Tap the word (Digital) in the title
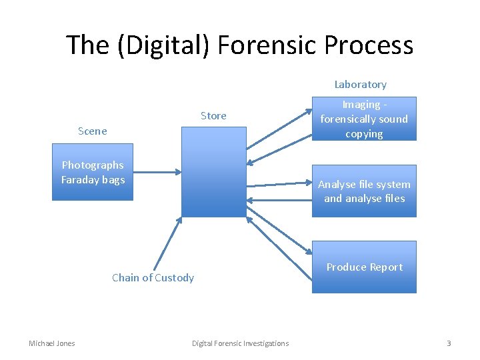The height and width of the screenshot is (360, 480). [159, 45]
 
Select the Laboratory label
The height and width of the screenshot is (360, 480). [360, 85]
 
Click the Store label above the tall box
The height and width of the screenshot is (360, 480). [213, 116]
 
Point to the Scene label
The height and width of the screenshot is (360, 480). [92, 131]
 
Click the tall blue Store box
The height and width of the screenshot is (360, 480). [213, 172]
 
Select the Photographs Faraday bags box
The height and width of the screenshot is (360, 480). [93, 172]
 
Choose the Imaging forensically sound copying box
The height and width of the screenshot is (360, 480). [364, 119]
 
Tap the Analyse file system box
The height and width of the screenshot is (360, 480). [364, 191]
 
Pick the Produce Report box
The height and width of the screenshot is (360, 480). [364, 267]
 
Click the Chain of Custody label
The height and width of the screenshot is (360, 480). [153, 278]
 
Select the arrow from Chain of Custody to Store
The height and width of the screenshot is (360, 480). [168, 243]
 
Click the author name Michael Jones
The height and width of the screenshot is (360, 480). [52, 343]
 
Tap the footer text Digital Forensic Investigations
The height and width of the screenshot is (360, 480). [240, 343]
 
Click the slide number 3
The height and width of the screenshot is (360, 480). [449, 343]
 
